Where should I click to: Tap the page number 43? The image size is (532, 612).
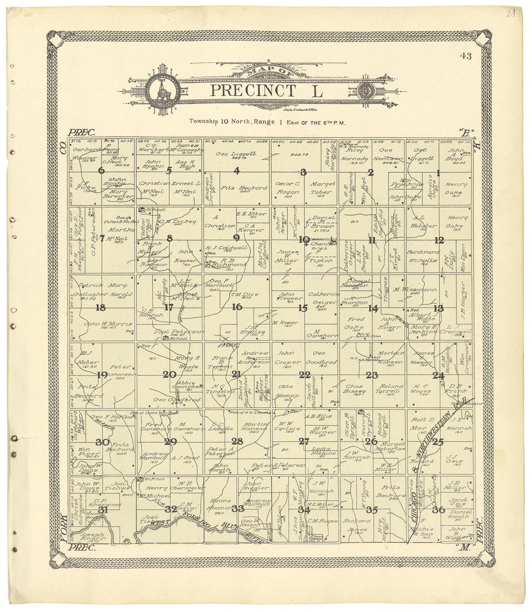[x=466, y=56]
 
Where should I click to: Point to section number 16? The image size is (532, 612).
[x=237, y=307]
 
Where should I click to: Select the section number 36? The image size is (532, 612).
[x=439, y=509]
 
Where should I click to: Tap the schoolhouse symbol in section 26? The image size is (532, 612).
[x=361, y=412]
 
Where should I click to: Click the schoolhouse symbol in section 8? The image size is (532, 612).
[x=142, y=210]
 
